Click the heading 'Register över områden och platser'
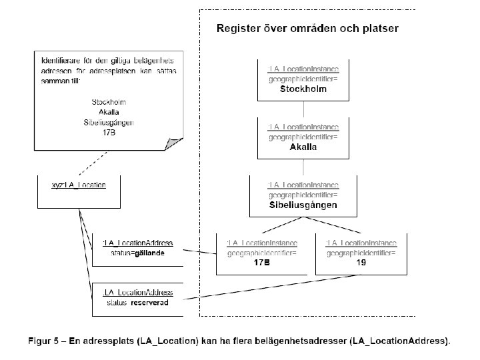307,29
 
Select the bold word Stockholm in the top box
303,89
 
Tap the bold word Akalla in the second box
303,147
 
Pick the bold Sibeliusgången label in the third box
303,205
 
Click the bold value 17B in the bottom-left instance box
262,263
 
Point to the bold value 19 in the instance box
361,263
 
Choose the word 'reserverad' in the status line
150,303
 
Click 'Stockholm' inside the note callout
109,101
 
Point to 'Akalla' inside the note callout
109,112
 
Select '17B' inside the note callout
109,133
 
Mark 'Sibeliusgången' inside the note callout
109,123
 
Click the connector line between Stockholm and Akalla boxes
303,109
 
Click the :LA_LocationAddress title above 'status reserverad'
137,293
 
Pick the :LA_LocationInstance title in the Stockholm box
303,69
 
